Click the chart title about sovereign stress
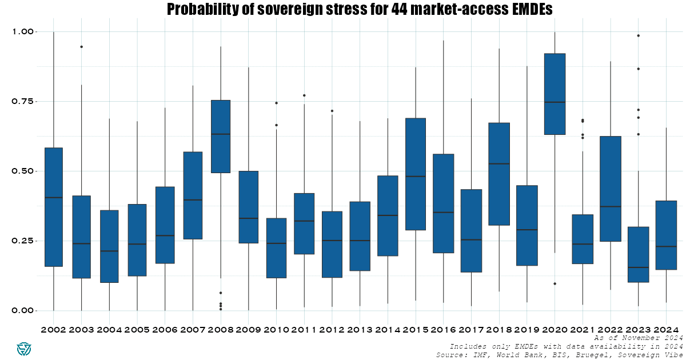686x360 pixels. point(360,9)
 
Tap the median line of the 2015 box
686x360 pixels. point(415,177)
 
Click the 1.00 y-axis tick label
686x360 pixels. point(23,32)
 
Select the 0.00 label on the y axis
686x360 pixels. point(23,311)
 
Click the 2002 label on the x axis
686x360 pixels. point(53,330)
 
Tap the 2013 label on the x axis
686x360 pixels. point(360,330)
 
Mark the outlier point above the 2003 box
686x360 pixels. point(81,47)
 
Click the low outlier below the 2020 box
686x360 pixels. point(555,284)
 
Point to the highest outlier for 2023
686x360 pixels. point(638,35)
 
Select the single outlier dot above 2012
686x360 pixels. point(332,111)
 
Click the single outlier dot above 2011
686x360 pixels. point(304,95)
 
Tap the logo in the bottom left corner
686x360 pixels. point(24,348)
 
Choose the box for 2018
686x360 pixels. point(499,174)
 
